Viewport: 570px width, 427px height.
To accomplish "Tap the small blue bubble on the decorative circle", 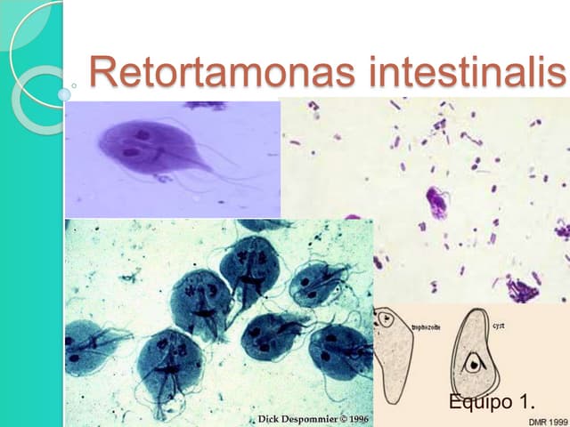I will pos(64,93).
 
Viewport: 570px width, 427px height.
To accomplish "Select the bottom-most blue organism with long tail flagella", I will pos(169,365).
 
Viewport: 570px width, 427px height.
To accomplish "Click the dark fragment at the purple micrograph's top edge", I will pos(207,105).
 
